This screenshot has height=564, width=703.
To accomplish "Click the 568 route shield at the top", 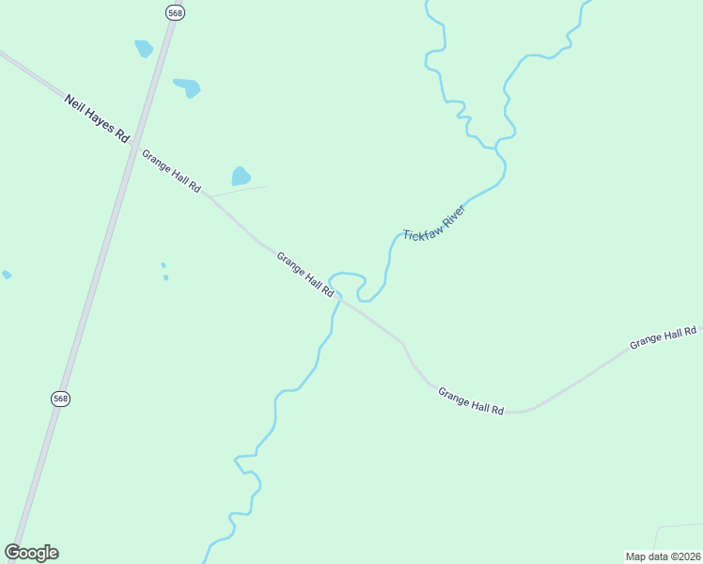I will point(174,12).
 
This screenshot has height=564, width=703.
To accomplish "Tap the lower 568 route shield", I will point(60,399).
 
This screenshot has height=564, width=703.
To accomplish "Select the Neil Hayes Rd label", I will point(97,117).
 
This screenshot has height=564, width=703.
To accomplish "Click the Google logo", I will point(31,553).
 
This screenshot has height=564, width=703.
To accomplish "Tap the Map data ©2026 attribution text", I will point(663,556).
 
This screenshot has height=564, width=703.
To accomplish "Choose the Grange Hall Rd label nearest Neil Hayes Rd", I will point(171,170).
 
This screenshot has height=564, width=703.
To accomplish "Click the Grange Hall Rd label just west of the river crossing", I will point(305,274).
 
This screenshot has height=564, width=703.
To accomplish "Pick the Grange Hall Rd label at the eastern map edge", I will point(663,337).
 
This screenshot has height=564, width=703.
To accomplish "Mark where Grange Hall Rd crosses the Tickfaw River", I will point(338,298).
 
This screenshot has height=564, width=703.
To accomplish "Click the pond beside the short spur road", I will point(242,176).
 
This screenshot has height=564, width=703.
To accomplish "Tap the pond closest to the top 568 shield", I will point(144,48).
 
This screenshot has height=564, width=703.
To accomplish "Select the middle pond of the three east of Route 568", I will point(188,87).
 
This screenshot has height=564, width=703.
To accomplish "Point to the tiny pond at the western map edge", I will point(7,274).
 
